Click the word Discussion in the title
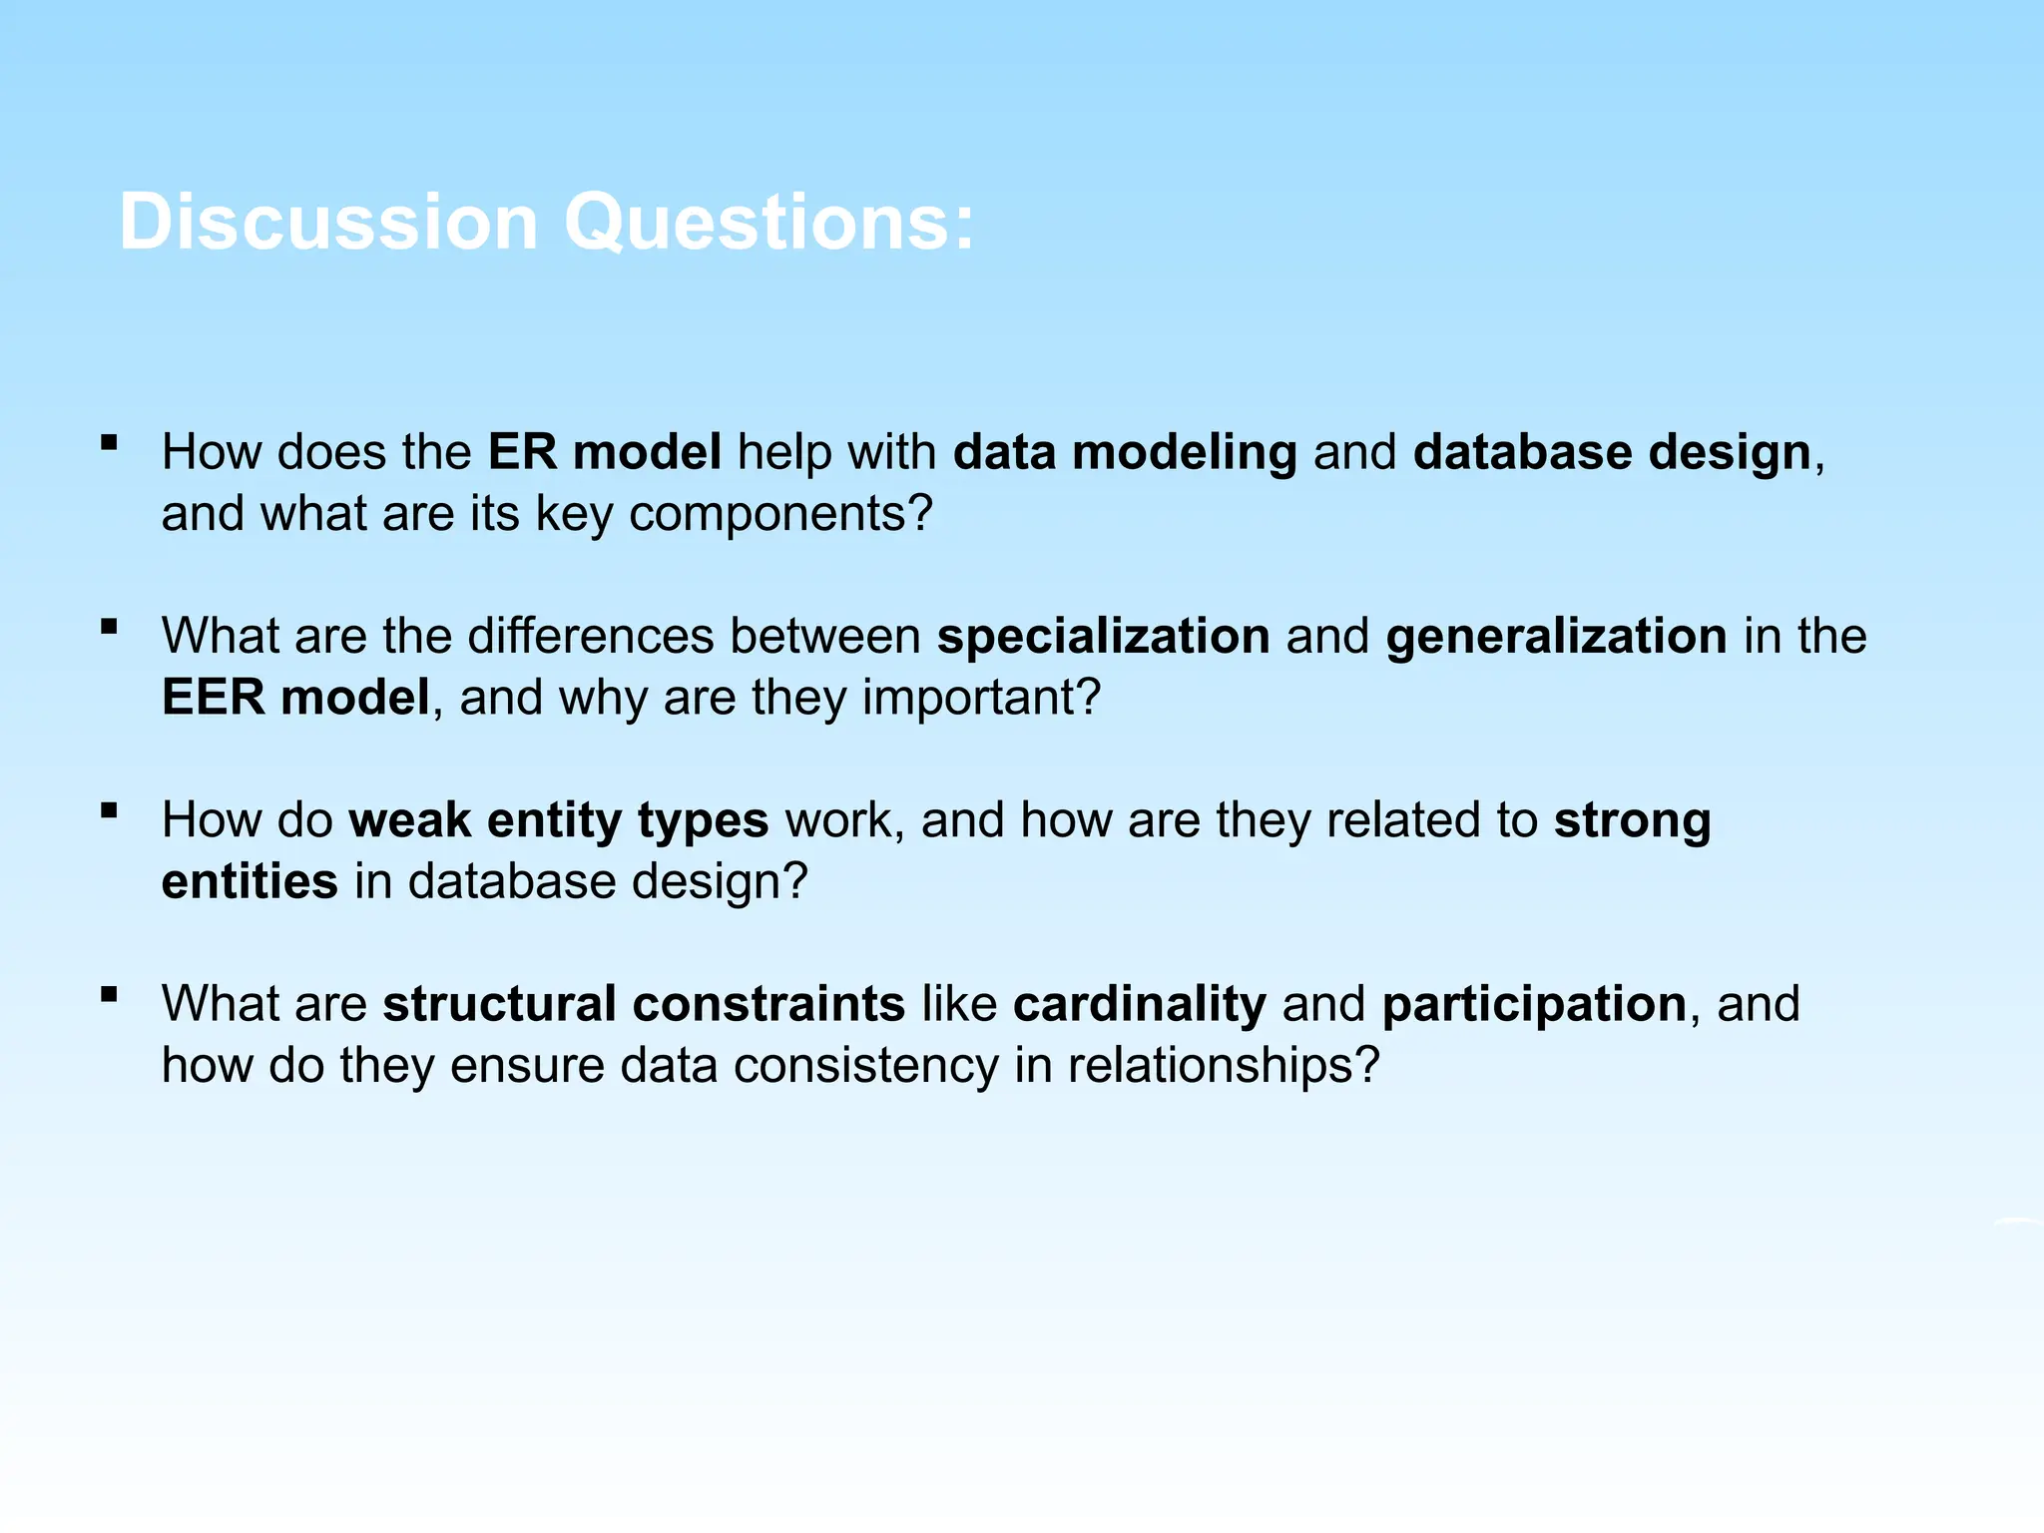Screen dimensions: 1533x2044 (x=328, y=222)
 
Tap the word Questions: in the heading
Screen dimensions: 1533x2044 (x=768, y=222)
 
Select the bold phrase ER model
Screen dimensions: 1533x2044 (x=604, y=452)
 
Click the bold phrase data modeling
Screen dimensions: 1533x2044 (x=1125, y=452)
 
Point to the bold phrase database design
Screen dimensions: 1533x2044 (x=1612, y=452)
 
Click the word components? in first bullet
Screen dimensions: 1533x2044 (x=780, y=514)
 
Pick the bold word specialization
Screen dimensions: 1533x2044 (x=1103, y=637)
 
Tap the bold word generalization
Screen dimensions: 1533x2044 (x=1556, y=637)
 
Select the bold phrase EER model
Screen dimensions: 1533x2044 (x=295, y=698)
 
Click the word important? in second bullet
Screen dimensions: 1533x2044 (x=981, y=698)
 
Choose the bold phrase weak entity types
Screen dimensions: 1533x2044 (x=559, y=820)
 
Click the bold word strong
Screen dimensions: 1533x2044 (x=1632, y=820)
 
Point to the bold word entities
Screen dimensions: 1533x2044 (x=250, y=882)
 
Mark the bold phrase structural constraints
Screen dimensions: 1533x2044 (x=644, y=1004)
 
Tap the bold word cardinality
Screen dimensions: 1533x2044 (x=1139, y=1004)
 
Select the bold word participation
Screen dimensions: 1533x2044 (x=1534, y=1004)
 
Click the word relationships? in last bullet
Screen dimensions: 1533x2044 (x=1223, y=1066)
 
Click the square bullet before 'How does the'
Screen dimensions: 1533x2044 (x=110, y=442)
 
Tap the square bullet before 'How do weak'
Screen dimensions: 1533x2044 (x=110, y=810)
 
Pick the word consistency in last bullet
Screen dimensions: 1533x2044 (x=865, y=1066)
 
